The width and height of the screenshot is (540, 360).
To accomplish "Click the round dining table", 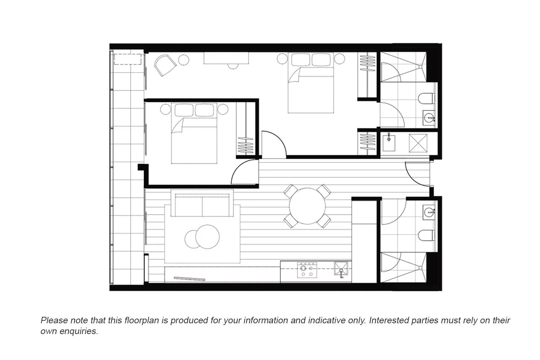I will (307, 206).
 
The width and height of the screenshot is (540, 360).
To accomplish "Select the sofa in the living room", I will (202, 206).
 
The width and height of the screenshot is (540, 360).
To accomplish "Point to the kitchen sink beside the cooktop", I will (341, 269).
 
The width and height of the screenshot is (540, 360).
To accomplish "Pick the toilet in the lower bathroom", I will (427, 236).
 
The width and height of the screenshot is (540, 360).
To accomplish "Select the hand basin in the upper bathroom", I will (429, 117).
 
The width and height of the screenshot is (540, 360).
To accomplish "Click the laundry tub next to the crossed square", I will (389, 143).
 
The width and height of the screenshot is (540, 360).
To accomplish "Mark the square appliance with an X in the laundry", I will (418, 143).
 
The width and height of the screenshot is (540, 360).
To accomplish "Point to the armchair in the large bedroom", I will (165, 66).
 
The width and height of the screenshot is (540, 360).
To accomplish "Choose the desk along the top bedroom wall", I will (226, 58).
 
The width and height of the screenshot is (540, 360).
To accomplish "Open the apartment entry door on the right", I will (418, 175).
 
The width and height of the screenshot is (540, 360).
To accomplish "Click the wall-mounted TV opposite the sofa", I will (189, 278).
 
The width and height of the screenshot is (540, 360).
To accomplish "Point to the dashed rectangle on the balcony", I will (127, 59).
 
